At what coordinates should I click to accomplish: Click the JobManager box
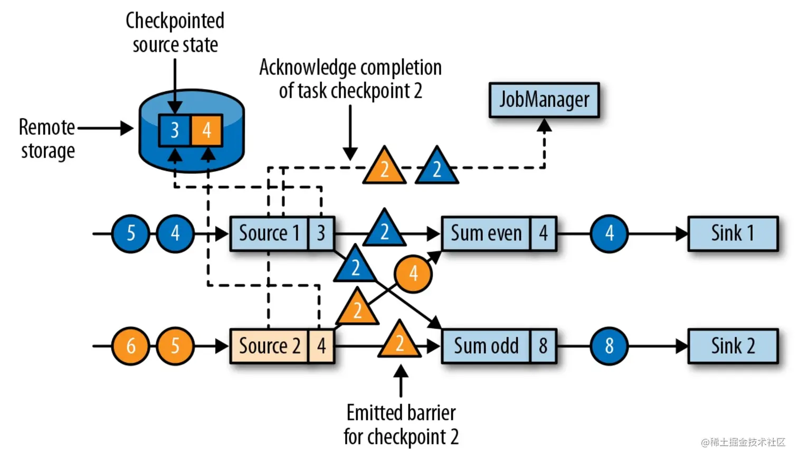[544, 100]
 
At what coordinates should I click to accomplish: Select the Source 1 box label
[269, 233]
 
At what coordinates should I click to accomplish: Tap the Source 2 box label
[269, 346]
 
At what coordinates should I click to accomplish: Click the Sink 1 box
[733, 233]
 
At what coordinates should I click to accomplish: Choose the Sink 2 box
[733, 346]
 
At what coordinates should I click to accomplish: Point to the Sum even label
[486, 233]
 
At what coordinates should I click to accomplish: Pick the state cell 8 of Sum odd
[543, 346]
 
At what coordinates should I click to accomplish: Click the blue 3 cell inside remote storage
[175, 130]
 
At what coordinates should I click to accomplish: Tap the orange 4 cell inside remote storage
[206, 130]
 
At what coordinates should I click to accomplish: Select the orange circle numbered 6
[130, 346]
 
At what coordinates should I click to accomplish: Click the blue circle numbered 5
[130, 233]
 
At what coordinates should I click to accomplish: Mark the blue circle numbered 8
[609, 346]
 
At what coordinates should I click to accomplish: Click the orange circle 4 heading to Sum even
[413, 274]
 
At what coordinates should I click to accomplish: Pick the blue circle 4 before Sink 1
[609, 233]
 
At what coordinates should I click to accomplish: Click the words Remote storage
[47, 139]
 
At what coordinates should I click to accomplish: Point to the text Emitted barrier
[401, 412]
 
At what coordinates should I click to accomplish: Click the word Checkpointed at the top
[175, 21]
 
